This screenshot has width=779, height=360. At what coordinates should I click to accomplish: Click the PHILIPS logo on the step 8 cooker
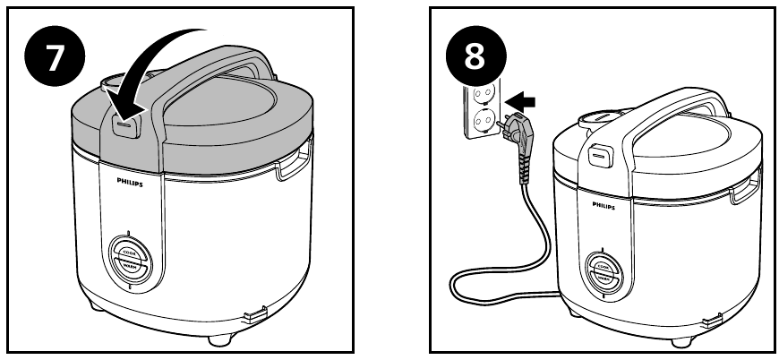point(604,205)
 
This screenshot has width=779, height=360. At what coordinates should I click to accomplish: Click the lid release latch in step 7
point(124,128)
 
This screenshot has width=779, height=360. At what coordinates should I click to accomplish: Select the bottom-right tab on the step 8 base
point(714,321)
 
